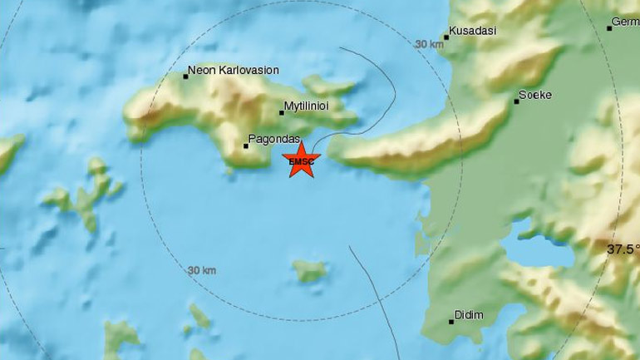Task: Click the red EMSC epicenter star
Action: [301, 160]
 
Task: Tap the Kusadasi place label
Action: [473, 31]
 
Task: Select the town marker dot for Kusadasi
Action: [446, 37]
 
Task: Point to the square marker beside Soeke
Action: [516, 101]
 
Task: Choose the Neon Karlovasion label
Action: [234, 71]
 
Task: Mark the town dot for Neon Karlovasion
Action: [185, 76]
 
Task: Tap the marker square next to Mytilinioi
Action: [282, 113]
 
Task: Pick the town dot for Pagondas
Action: [245, 146]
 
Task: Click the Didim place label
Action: [469, 316]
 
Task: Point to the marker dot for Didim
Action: [451, 321]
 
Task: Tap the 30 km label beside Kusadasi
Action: [430, 44]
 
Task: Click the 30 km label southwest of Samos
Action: [202, 270]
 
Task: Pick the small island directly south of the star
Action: [309, 270]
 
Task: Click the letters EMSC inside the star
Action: [301, 162]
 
